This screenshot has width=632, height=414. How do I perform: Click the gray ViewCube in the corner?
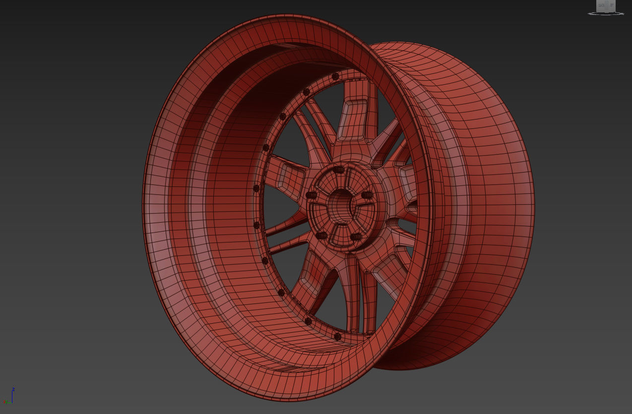tap(606, 6)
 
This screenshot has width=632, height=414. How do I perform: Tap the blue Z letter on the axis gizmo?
tap(13, 389)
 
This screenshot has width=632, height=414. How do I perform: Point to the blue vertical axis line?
tap(12, 396)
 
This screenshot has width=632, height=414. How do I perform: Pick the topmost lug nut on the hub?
tap(339, 170)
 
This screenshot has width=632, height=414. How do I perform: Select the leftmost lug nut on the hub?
tap(311, 195)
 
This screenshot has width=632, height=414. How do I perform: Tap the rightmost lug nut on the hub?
tap(367, 195)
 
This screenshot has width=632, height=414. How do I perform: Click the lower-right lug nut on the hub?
tap(356, 237)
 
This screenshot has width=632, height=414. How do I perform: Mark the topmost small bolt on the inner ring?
tap(335, 76)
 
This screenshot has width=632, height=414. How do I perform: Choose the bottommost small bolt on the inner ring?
tap(338, 337)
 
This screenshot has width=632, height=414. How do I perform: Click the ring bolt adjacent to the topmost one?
tap(306, 92)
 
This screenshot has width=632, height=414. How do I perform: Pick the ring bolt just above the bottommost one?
tap(308, 321)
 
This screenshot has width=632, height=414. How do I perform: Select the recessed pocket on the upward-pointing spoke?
tap(356, 118)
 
